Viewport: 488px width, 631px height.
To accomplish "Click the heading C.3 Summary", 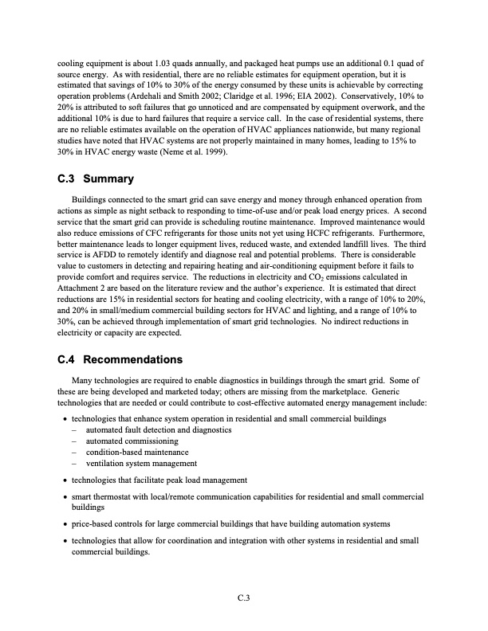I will (96, 178).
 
